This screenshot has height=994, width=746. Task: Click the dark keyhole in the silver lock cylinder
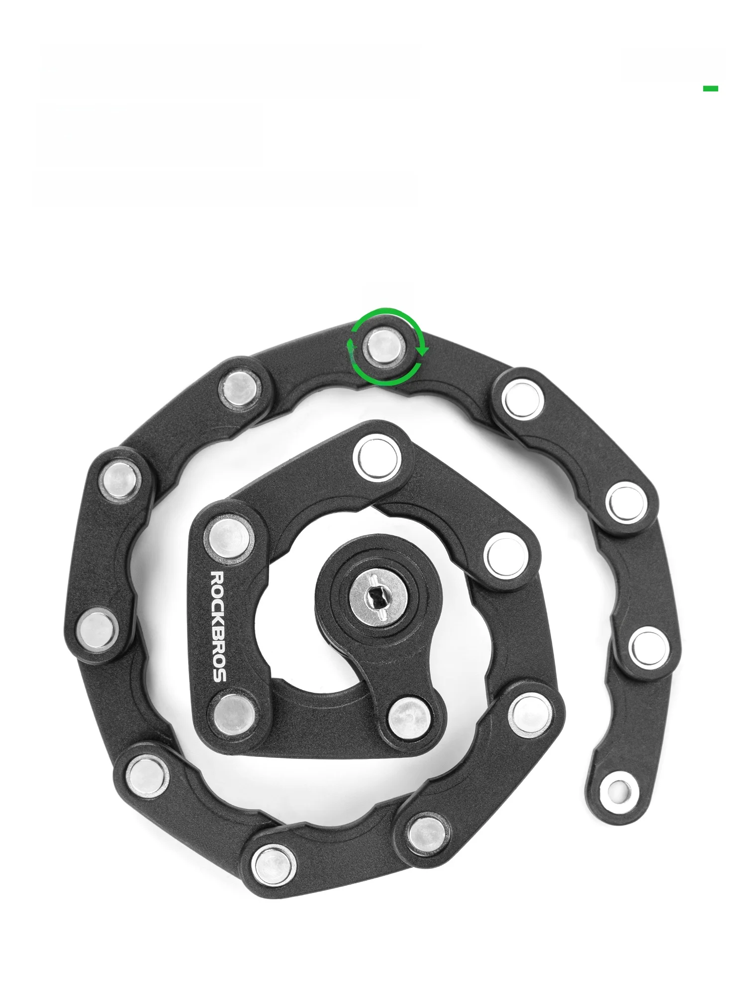[377, 595]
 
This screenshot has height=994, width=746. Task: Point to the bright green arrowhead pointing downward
[423, 350]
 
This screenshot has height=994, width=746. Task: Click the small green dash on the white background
[710, 88]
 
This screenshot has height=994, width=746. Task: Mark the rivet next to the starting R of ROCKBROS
[229, 537]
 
